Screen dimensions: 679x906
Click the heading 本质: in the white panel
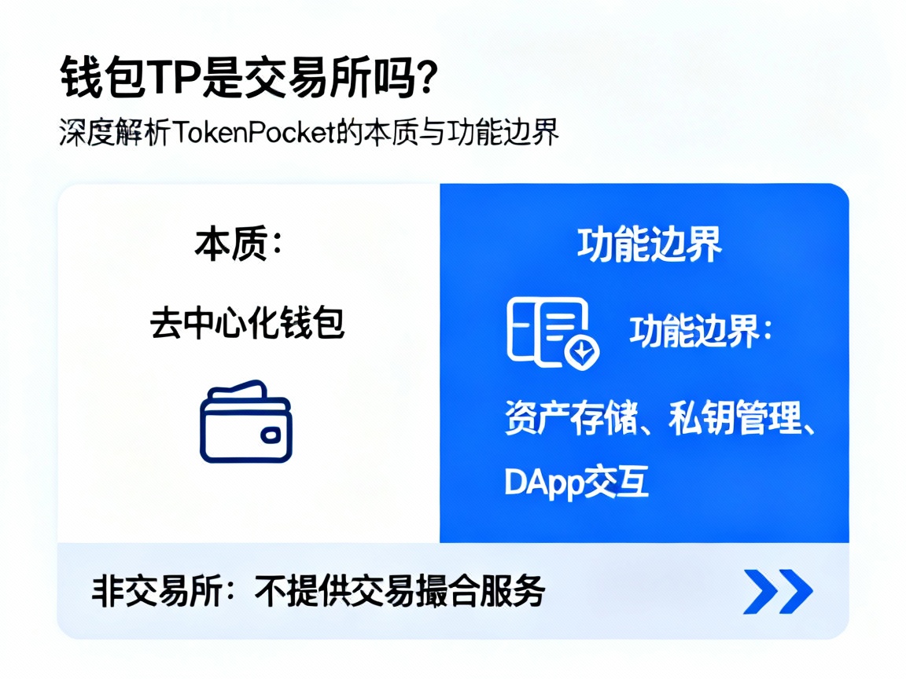point(238,245)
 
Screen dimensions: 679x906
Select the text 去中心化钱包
point(247,323)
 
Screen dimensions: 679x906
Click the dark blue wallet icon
point(245,422)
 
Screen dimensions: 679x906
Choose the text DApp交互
point(576,482)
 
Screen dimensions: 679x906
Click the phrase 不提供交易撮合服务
point(400,591)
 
